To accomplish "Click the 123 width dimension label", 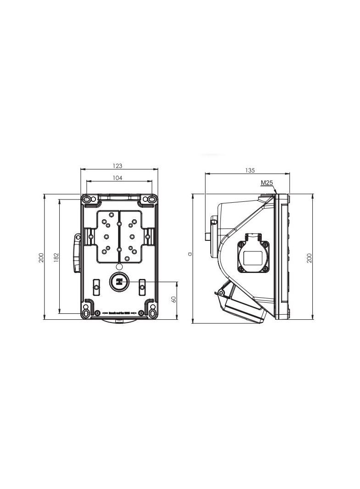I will (118, 166).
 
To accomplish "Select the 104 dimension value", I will (118, 178).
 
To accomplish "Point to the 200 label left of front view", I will (41, 257).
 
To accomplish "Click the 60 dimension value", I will (174, 299).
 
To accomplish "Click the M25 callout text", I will (267, 183).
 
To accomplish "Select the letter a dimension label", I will (189, 253).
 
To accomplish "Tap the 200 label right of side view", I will (309, 257).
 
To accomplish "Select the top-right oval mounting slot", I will (151, 200).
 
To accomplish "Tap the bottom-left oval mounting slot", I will (86, 313).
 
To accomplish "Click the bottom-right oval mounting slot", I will (152, 313).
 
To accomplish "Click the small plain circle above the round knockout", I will (119, 267).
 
